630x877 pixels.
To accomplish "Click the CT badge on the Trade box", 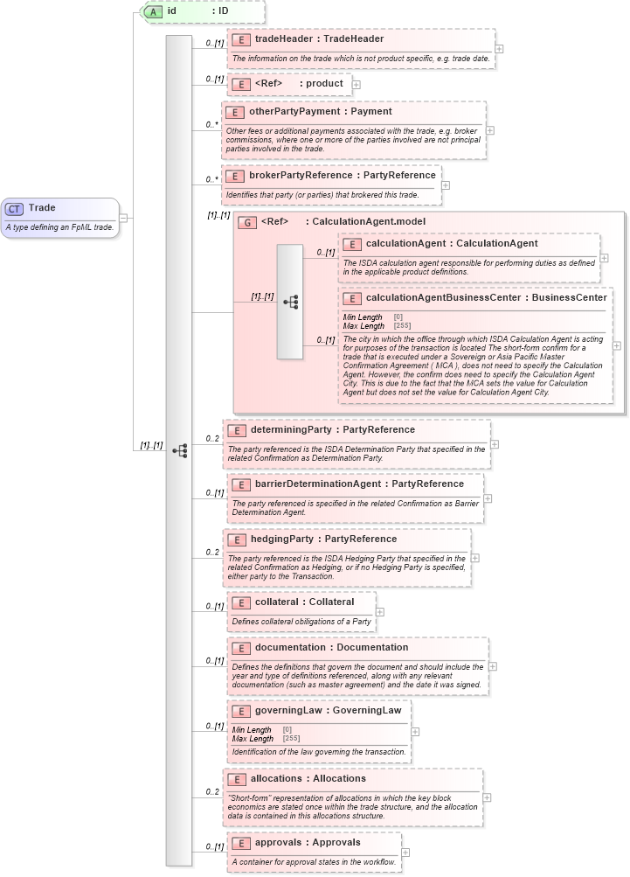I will click(15, 208).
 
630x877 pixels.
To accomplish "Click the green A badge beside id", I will click(154, 11).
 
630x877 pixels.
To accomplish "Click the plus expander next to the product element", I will click(357, 84).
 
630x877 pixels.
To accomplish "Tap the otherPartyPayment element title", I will click(320, 112).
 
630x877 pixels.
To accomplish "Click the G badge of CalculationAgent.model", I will click(248, 223).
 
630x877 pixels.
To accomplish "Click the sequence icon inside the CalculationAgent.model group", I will click(290, 302).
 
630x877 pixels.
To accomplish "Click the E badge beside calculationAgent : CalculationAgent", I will click(352, 244).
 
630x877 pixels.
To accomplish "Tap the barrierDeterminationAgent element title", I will click(359, 484).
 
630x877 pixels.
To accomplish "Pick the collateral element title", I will click(304, 602).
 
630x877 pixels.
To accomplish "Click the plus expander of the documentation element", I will click(493, 666).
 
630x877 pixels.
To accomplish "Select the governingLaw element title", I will click(328, 711).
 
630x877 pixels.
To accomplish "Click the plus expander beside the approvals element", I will click(405, 853).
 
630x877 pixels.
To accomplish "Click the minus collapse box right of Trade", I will click(125, 218).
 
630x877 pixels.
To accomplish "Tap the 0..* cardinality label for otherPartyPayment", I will click(211, 124).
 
